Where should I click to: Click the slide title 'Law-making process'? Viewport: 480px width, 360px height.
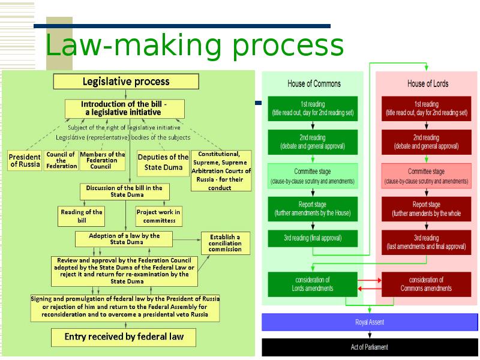[194, 46]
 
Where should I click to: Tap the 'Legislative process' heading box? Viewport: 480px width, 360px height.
[125, 82]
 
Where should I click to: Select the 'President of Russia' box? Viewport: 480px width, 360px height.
[25, 160]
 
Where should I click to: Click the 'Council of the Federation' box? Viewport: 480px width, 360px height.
[61, 160]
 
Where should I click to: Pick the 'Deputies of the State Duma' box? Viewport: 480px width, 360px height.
[163, 162]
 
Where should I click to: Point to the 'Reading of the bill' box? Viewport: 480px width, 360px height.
[82, 216]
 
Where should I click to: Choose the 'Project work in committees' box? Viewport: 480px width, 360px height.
[158, 216]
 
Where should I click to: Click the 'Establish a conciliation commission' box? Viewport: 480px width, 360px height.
[225, 243]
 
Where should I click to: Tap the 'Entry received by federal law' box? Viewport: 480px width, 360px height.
[124, 337]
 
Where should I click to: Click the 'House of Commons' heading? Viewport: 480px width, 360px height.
[314, 83]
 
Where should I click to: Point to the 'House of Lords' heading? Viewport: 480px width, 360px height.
[427, 83]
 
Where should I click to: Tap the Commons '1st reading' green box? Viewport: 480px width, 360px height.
[313, 108]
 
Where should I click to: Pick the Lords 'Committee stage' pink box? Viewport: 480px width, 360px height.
[427, 176]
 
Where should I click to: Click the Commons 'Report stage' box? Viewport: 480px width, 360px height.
[313, 209]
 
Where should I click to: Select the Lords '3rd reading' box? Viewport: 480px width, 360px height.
[427, 242]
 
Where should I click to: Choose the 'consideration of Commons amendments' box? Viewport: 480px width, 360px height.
[427, 284]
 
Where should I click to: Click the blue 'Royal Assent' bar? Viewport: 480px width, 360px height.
[370, 322]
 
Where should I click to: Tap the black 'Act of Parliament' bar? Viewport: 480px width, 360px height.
[370, 347]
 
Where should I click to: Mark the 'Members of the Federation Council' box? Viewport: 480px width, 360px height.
[102, 160]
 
